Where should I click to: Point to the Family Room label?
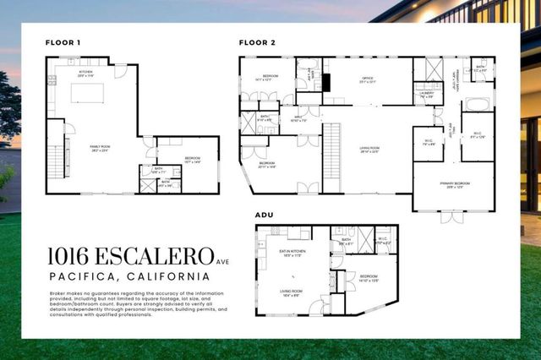101,147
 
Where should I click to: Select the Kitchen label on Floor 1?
85,73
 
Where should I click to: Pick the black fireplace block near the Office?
326,82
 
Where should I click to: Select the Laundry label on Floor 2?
426,95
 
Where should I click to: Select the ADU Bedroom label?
369,277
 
